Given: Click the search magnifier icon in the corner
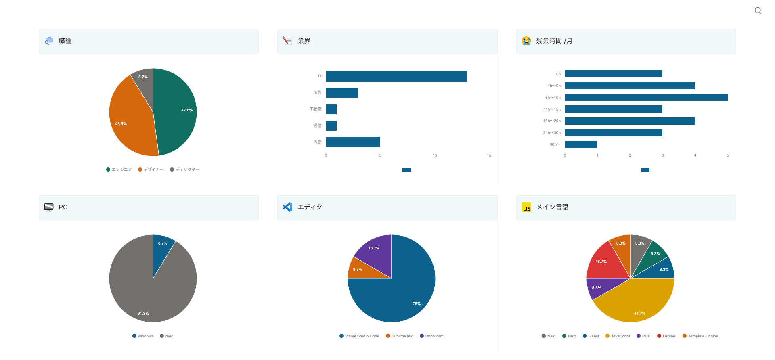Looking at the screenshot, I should pyautogui.click(x=758, y=10).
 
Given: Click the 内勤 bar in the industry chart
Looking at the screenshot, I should pyautogui.click(x=353, y=142).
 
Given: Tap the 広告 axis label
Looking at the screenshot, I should pyautogui.click(x=318, y=93).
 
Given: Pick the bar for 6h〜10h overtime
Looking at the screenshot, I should pyautogui.click(x=646, y=97).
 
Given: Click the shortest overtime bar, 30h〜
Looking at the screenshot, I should pyautogui.click(x=581, y=144).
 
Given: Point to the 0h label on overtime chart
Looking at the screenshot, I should pyautogui.click(x=558, y=74).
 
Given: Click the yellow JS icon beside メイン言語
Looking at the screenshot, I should pyautogui.click(x=526, y=207).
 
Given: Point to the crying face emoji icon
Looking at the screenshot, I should pyautogui.click(x=526, y=41).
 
